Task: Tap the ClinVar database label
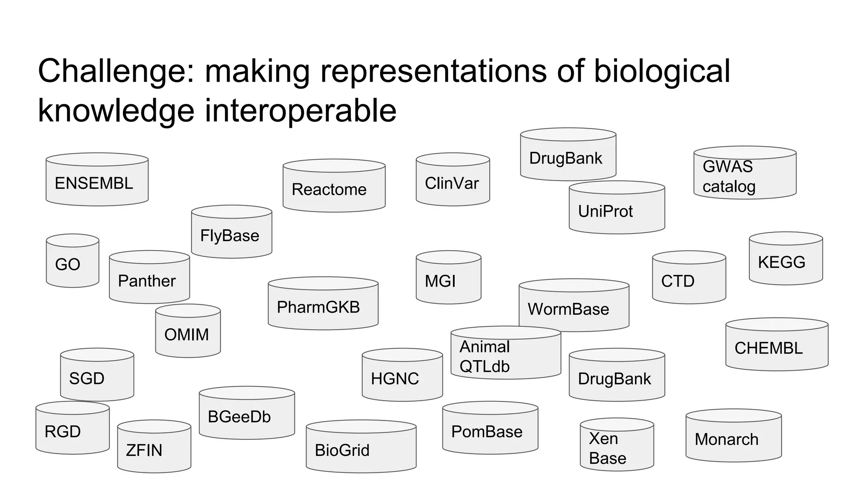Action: [452, 183]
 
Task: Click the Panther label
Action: [147, 281]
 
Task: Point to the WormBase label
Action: [568, 309]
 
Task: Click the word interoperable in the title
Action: [301, 111]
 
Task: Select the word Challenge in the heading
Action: [112, 71]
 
